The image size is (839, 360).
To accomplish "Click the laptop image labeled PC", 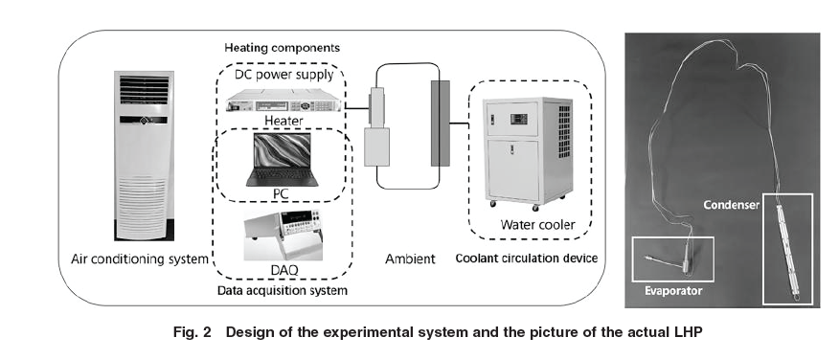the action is click(x=282, y=159).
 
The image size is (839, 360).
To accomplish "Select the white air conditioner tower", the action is click(x=144, y=155).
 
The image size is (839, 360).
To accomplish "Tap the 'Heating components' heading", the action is click(x=282, y=48).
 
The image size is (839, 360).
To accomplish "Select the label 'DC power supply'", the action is click(x=284, y=75).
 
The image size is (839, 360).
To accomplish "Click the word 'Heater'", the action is click(x=283, y=121).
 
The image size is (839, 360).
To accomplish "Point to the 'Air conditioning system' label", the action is click(x=140, y=259).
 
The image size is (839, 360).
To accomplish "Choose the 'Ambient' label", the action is click(x=410, y=259).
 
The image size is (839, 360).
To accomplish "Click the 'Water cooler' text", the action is click(x=537, y=225).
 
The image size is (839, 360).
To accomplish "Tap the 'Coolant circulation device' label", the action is click(x=527, y=259).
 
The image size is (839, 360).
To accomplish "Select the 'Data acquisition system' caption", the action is click(x=282, y=290).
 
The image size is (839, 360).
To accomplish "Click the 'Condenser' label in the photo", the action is click(x=732, y=205).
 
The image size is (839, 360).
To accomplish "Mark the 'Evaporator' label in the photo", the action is click(x=673, y=291).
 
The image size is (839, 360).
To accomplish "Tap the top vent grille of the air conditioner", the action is click(x=144, y=90).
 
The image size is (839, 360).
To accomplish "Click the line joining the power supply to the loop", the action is click(x=356, y=108).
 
